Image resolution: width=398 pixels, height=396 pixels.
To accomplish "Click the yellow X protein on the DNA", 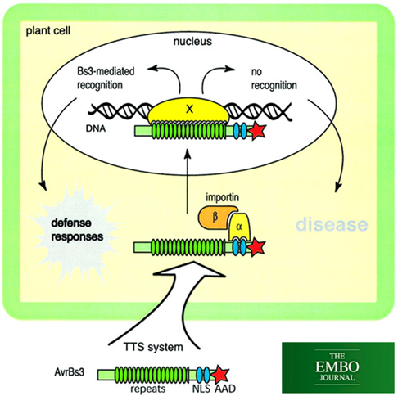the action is pyautogui.click(x=188, y=110).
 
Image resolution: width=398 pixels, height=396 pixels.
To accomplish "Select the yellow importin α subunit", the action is pyautogui.click(x=240, y=227).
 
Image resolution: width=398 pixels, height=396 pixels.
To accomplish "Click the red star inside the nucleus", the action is pyautogui.click(x=257, y=131).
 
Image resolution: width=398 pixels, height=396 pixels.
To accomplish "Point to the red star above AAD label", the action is pyautogui.click(x=220, y=375).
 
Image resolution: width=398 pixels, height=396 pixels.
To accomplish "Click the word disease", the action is pyautogui.click(x=332, y=224).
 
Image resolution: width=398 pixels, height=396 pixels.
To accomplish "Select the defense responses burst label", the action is pyautogui.click(x=77, y=230).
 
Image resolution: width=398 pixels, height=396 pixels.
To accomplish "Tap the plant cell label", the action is pyautogui.click(x=48, y=31).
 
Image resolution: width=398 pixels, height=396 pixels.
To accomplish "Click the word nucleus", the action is pyautogui.click(x=192, y=42).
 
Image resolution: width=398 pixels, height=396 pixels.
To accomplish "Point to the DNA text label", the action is pyautogui.click(x=96, y=128).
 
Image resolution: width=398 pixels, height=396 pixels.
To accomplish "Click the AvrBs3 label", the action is pyautogui.click(x=69, y=372).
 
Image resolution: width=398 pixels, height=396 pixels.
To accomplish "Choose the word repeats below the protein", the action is pyautogui.click(x=148, y=389).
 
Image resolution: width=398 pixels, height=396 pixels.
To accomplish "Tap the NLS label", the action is pyautogui.click(x=201, y=389).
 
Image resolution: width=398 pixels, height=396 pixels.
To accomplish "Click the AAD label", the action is pyautogui.click(x=225, y=389).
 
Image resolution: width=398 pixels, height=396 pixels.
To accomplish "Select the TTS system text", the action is pyautogui.click(x=153, y=347).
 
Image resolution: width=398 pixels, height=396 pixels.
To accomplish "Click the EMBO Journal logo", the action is pyautogui.click(x=338, y=367).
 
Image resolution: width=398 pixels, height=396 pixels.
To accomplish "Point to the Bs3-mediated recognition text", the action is pyautogui.click(x=106, y=78).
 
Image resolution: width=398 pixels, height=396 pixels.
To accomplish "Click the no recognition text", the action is pyautogui.click(x=274, y=79).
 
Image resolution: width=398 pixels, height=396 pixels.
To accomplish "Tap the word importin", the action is pyautogui.click(x=222, y=197).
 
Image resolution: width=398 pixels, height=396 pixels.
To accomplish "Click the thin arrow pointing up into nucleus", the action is pyautogui.click(x=188, y=181).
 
